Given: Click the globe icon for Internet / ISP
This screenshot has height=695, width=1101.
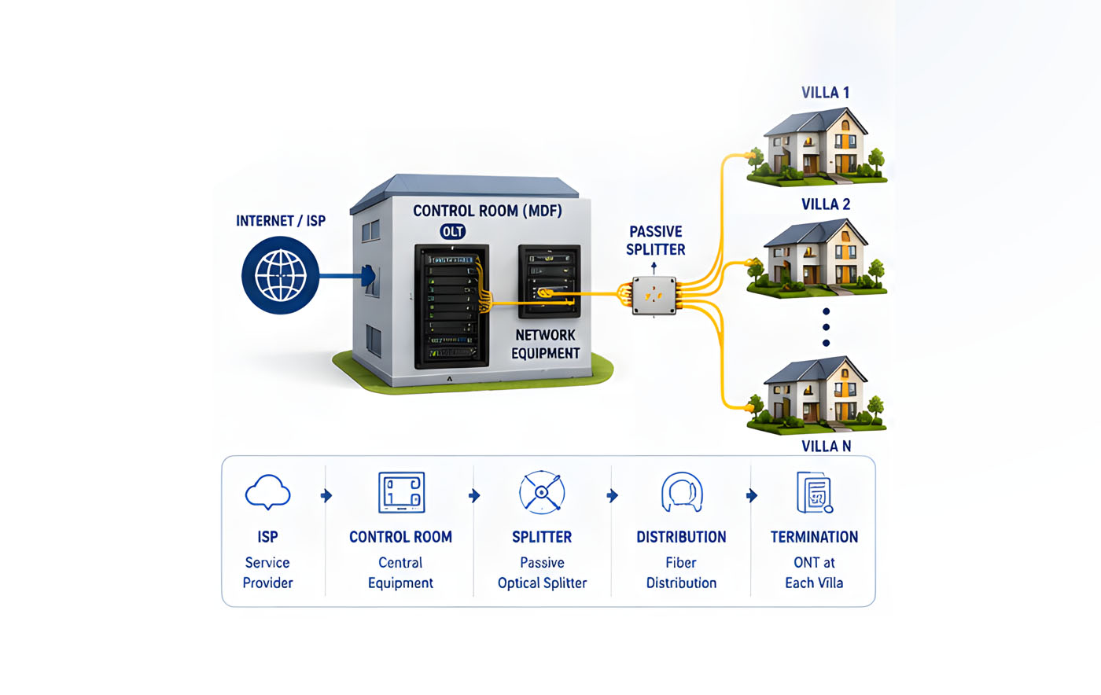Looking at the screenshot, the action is click(280, 275).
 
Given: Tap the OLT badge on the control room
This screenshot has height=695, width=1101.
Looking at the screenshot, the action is click(452, 231).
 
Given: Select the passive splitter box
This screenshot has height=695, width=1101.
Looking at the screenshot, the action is click(654, 296).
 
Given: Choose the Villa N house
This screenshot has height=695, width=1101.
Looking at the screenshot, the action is click(817, 395).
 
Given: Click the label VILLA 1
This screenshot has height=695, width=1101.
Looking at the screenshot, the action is click(825, 93).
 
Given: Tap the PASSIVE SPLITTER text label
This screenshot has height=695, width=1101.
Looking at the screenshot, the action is click(656, 241).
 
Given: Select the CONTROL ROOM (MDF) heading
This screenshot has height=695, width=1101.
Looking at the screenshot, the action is click(487, 211).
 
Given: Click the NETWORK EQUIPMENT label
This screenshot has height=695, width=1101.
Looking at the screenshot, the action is click(545, 344).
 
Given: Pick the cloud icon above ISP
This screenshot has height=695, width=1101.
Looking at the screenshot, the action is click(268, 492).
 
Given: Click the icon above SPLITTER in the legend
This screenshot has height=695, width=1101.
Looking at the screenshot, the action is click(542, 492).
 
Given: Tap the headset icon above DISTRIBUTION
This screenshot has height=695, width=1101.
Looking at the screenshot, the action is click(682, 492).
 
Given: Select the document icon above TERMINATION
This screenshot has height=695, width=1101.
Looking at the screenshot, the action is click(815, 492).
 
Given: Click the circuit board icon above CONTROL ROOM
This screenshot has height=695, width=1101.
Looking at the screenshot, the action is click(401, 492).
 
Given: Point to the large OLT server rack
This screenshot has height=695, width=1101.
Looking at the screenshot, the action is click(451, 306).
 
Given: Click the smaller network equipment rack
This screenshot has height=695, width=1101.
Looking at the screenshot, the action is click(550, 281).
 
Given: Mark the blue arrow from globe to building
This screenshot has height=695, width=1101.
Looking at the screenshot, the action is click(347, 276).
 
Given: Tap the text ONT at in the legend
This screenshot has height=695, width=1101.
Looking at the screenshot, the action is click(814, 562).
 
